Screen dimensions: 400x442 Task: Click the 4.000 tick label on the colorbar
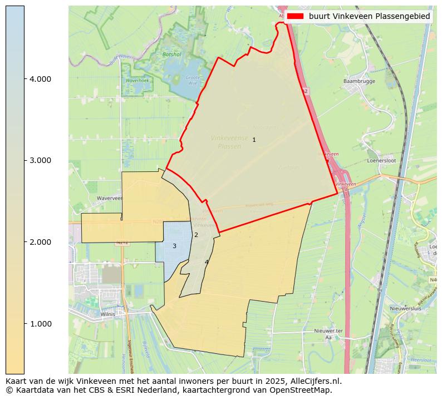[41, 79]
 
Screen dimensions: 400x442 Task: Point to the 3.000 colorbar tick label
[41, 160]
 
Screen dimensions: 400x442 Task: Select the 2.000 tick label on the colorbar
[41, 242]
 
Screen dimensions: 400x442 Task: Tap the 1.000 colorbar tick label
[41, 324]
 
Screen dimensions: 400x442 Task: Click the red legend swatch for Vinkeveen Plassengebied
[296, 16]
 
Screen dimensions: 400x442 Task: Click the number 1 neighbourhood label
[254, 140]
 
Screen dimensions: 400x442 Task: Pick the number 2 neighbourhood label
[196, 235]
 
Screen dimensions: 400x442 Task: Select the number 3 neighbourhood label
[174, 246]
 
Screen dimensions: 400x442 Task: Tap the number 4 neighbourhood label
[206, 262]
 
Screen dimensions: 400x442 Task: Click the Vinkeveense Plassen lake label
[229, 142]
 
